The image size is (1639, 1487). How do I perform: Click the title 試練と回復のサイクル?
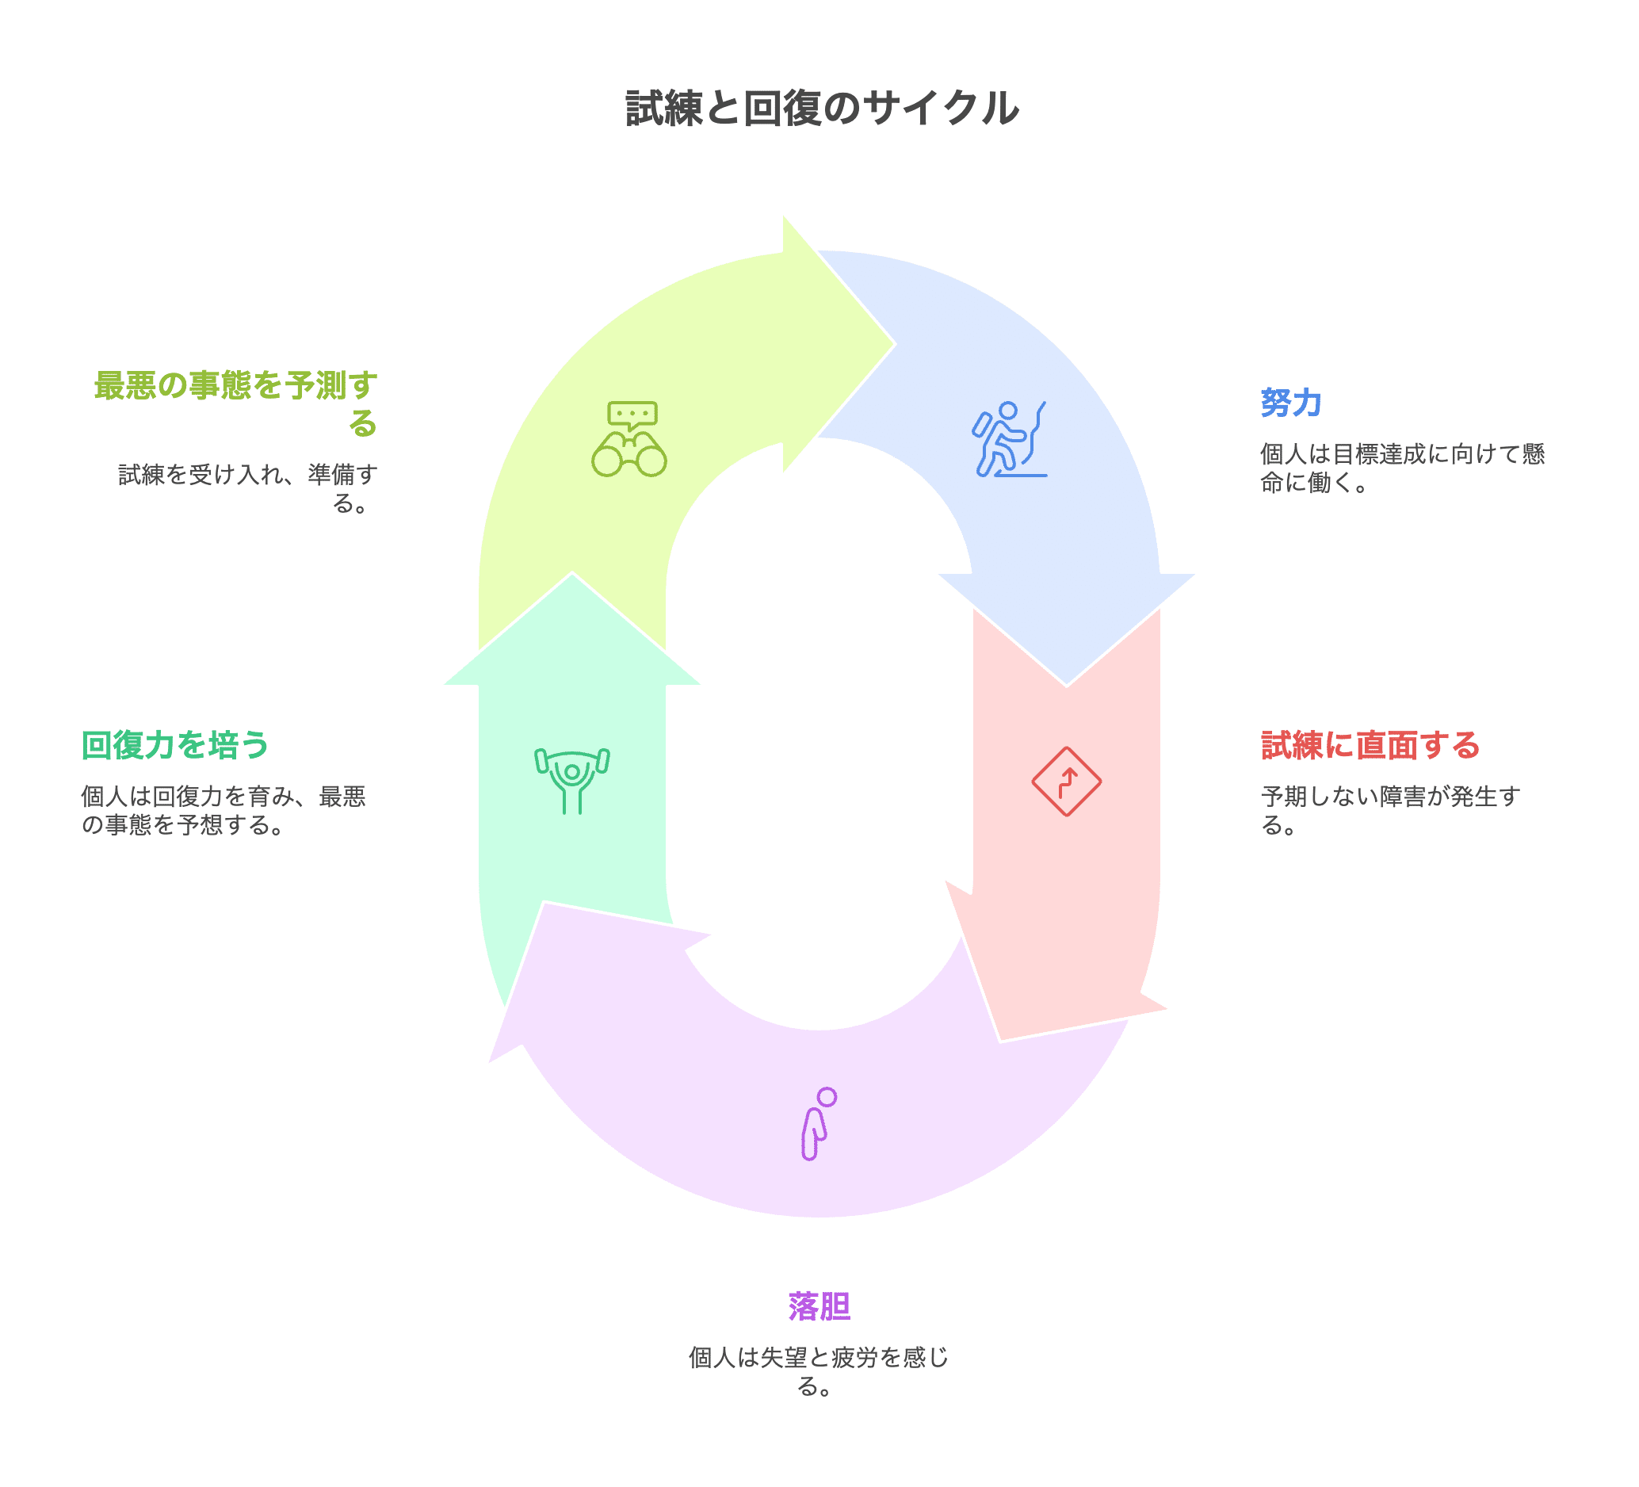821,108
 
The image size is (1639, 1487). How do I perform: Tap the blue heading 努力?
1290,403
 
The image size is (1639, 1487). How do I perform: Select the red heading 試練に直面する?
1370,746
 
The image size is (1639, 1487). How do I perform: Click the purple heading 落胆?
819,1307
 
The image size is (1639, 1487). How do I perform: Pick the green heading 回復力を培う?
175,746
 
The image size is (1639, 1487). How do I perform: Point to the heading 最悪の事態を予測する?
235,403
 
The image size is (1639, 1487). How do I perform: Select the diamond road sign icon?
1067,782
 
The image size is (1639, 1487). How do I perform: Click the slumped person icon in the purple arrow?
818,1124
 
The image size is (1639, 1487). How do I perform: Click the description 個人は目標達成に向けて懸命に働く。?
1401,468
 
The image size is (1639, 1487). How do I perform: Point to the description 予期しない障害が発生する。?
1390,811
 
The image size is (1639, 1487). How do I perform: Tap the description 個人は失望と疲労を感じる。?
819,1371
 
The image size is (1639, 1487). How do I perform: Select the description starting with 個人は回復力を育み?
223,811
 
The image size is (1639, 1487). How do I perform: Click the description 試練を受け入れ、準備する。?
248,487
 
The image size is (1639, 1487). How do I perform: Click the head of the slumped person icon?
827,1098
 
